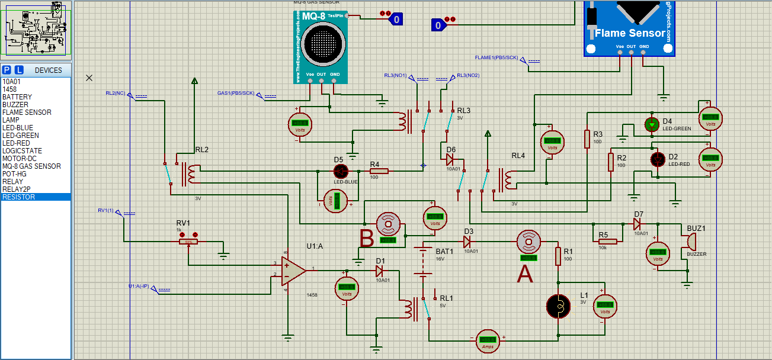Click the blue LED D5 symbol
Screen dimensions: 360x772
[x=341, y=171]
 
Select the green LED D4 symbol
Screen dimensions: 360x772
[x=652, y=124]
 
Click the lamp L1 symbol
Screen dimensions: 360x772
[x=558, y=306]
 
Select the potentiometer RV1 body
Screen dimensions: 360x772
[x=188, y=242]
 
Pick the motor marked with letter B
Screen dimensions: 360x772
[x=389, y=224]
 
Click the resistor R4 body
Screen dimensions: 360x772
[x=379, y=171]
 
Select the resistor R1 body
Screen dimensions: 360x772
[x=558, y=256]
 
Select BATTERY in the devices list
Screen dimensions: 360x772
[x=17, y=97]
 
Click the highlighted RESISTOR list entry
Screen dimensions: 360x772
[x=18, y=197]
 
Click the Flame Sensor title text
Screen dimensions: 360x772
[x=630, y=34]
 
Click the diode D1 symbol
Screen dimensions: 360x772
[x=380, y=271]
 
